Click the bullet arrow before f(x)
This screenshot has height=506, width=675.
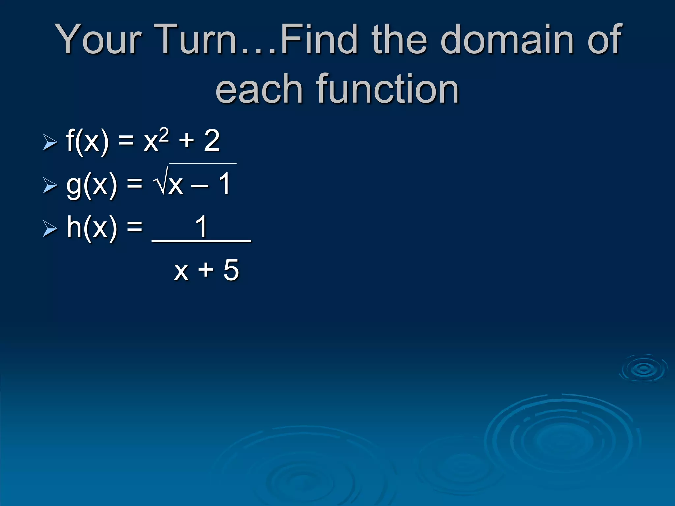50,142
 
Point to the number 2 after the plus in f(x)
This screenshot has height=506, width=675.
211,141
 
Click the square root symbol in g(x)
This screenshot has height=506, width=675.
161,182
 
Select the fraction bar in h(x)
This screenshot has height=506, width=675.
201,242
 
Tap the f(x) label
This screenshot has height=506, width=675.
87,141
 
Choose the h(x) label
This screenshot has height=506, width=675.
91,227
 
